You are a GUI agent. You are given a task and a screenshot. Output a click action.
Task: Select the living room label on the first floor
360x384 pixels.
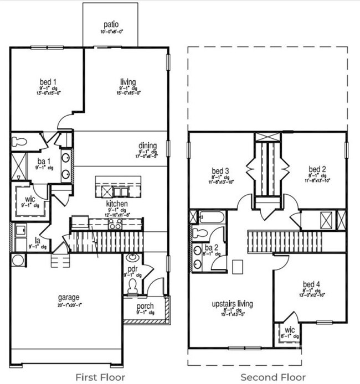pos(128,82)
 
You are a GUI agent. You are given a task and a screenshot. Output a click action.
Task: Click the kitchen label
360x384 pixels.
pos(117,204)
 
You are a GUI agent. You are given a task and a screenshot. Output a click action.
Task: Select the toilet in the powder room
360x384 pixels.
pos(132,286)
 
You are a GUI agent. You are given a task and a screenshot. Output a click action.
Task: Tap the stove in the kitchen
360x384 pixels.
pos(115,224)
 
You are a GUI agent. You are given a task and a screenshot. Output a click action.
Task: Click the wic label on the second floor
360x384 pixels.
pos(290,330)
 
